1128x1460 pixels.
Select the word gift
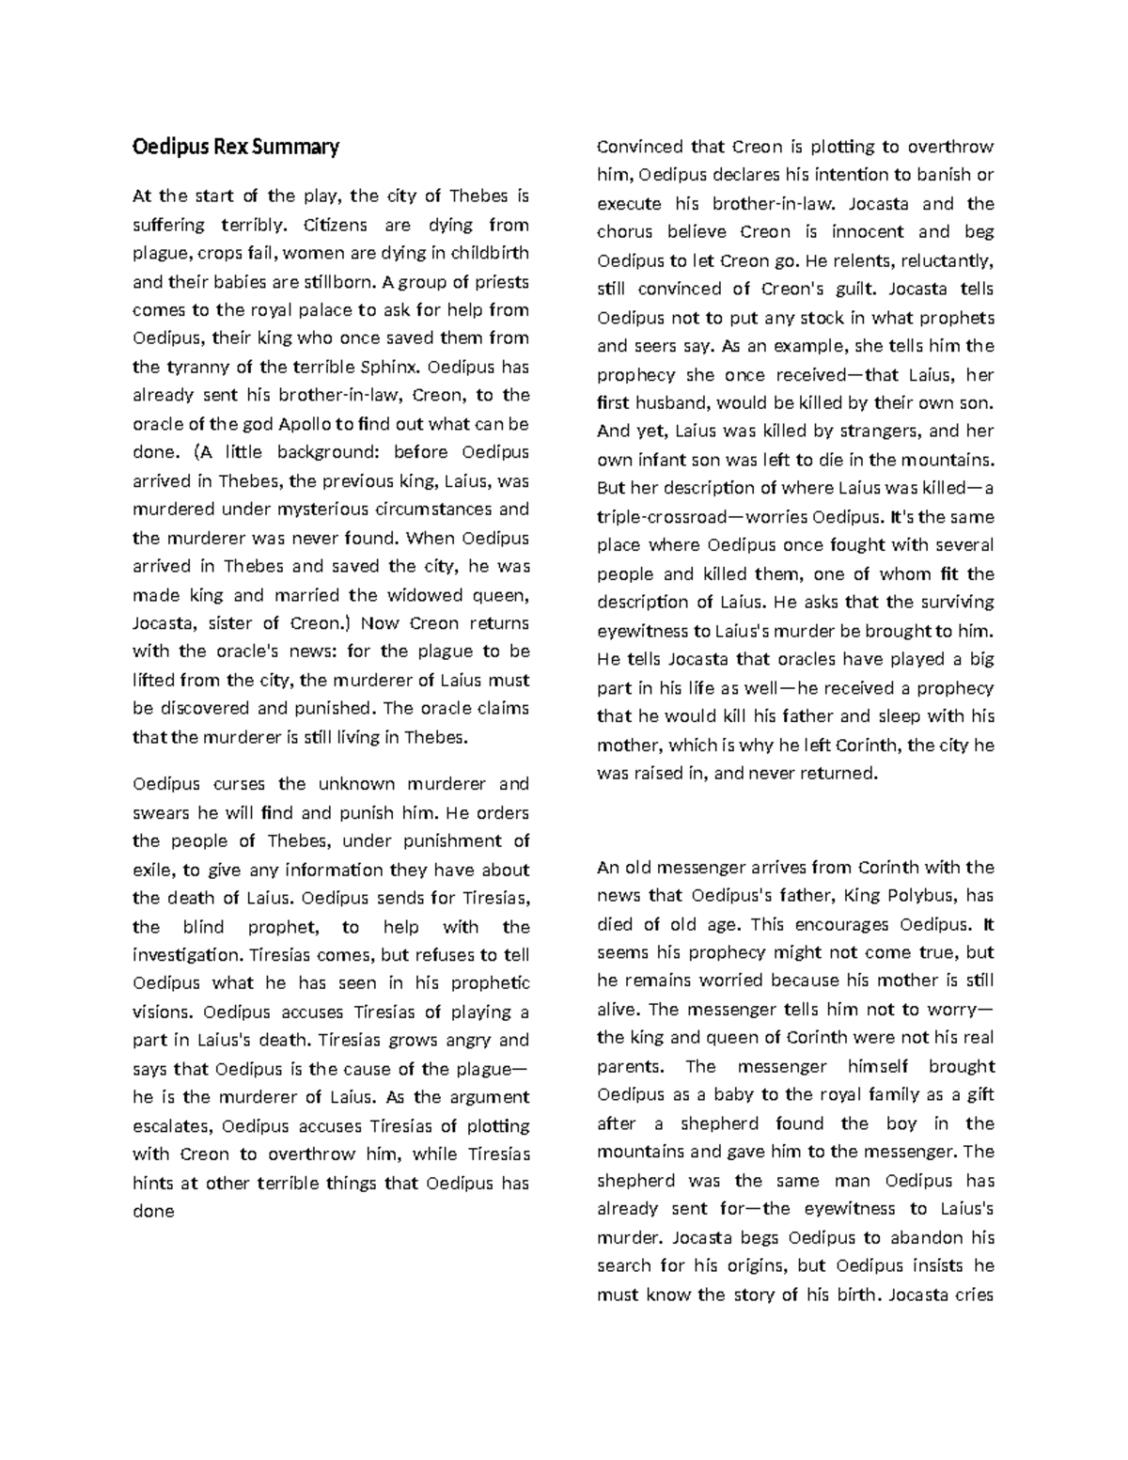pyautogui.click(x=979, y=1094)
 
